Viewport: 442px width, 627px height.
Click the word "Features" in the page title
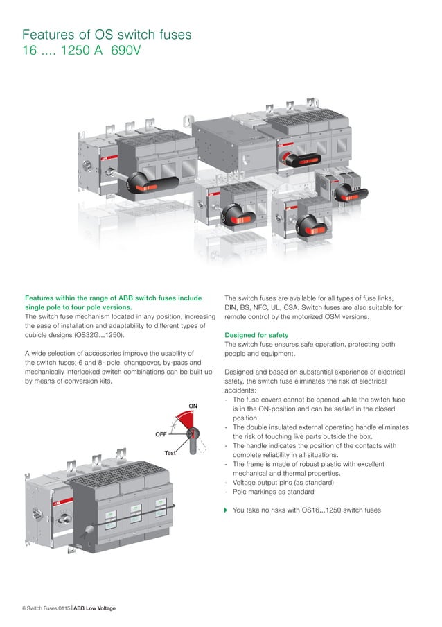click(51, 35)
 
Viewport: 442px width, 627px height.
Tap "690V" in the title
click(126, 52)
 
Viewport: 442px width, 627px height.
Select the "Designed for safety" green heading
click(256, 335)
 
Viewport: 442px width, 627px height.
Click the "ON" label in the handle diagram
click(193, 405)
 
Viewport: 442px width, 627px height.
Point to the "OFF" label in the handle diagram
click(161, 433)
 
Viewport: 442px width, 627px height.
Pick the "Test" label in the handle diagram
click(170, 453)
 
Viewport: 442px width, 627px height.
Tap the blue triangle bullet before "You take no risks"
click(227, 510)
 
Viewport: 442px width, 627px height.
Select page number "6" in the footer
click(24, 608)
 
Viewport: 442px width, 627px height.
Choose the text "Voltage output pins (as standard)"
click(285, 482)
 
